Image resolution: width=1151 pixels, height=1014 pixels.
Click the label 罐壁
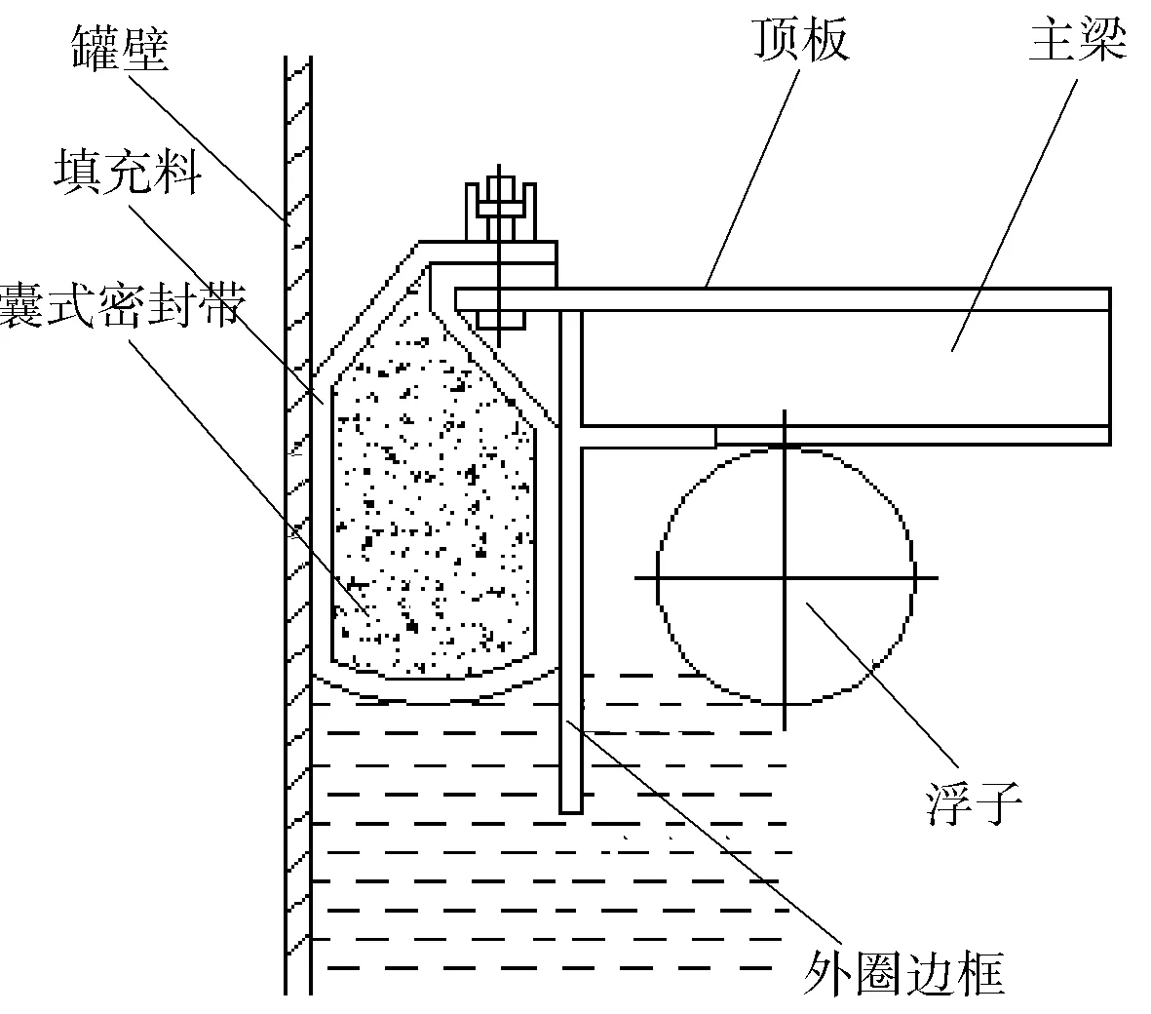[120, 50]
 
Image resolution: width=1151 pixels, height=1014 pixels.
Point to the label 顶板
[799, 40]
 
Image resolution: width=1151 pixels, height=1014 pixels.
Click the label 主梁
[1078, 40]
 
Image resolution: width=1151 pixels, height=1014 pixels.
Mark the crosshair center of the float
[785, 577]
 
